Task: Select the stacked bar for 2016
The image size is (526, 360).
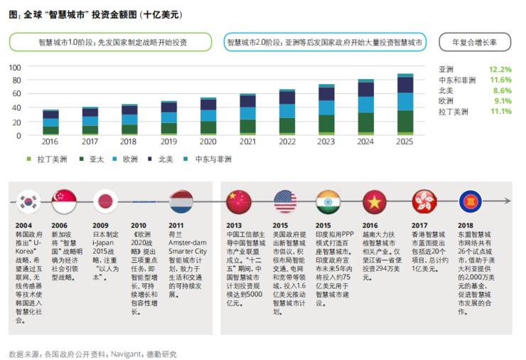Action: click(51, 122)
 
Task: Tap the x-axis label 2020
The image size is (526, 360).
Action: click(208, 142)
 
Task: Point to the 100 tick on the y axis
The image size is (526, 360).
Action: click(15, 68)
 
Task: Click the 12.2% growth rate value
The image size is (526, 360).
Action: click(500, 70)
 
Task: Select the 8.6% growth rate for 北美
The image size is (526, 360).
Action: click(501, 90)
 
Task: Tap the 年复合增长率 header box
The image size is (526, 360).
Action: click(474, 43)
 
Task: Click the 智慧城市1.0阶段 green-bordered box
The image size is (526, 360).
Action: click(113, 43)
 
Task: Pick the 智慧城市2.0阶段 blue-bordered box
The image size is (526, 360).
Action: click(325, 43)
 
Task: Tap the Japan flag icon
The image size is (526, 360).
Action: click(104, 201)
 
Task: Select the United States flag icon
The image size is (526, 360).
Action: click(285, 201)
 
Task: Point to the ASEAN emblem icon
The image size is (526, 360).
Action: click(471, 201)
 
